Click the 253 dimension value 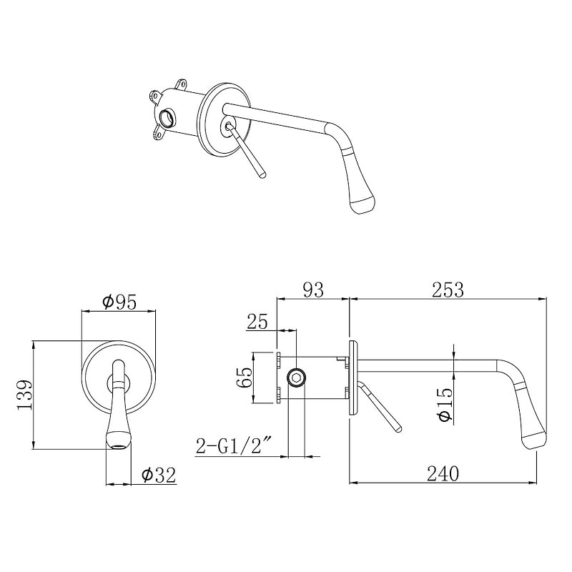(448, 290)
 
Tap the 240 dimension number (443, 473)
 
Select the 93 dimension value (313, 290)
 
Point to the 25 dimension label (257, 321)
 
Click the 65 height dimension (244, 378)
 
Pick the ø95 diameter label (119, 302)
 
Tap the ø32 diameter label (159, 475)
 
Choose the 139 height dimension (25, 395)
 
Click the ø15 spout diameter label (445, 404)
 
